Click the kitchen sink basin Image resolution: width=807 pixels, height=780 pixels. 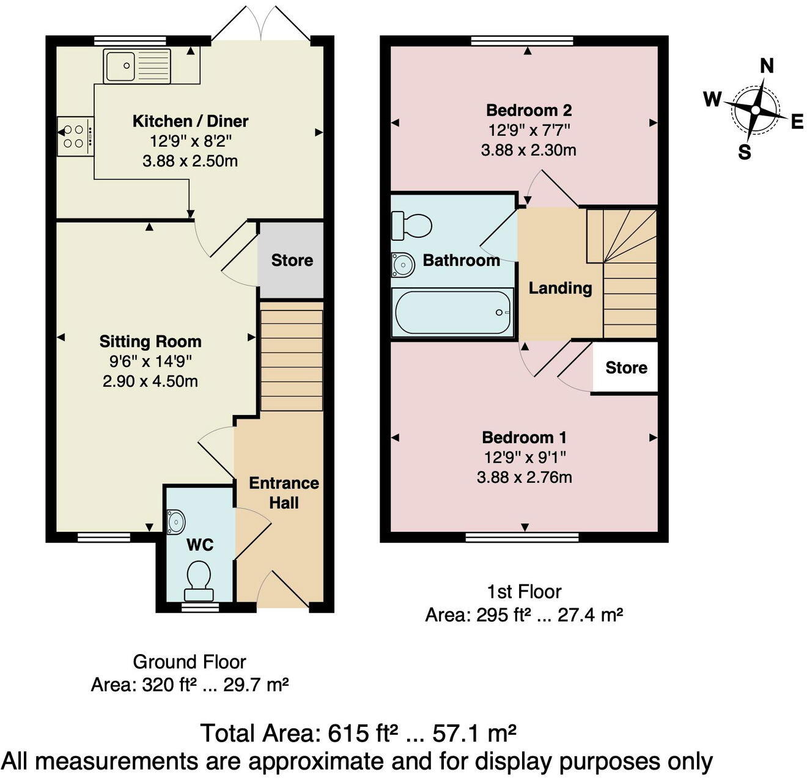coord(120,65)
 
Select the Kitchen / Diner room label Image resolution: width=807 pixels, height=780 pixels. coord(190,121)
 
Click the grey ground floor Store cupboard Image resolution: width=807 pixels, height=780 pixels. coord(292,260)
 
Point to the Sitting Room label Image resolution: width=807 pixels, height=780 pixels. coord(150,342)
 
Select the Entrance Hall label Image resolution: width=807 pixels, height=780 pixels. coord(284,493)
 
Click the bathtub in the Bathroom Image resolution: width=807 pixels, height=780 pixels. coord(453,312)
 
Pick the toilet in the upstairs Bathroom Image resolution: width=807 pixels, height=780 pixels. coord(411,226)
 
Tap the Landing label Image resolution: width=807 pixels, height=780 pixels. coord(560,288)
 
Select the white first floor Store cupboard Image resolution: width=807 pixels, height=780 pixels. coord(625,367)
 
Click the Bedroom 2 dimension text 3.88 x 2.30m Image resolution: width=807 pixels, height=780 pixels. coord(528,150)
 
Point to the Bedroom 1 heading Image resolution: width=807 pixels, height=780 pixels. coord(524,438)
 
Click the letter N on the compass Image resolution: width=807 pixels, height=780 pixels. coord(766,65)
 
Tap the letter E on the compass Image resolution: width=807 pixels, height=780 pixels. coord(797,122)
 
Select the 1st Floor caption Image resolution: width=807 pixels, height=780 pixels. coord(524,592)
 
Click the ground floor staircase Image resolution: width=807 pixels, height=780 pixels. coord(292,360)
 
